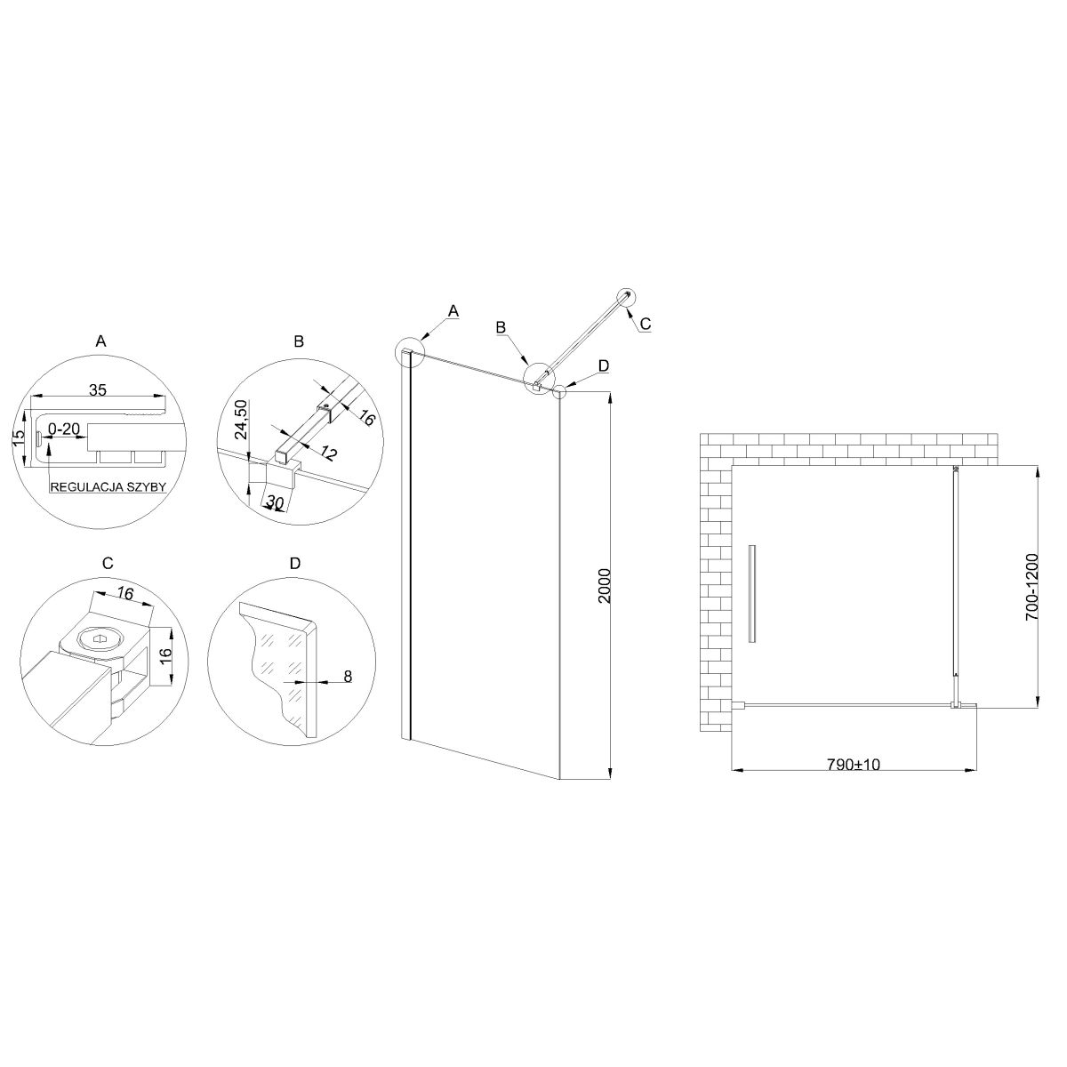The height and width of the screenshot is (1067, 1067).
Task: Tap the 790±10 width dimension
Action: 854,764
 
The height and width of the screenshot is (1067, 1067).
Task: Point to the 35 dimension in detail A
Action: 98,389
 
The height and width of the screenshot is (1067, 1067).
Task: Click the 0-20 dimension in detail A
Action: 64,429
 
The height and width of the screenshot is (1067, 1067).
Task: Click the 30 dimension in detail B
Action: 275,501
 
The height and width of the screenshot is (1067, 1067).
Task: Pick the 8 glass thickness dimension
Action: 348,676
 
